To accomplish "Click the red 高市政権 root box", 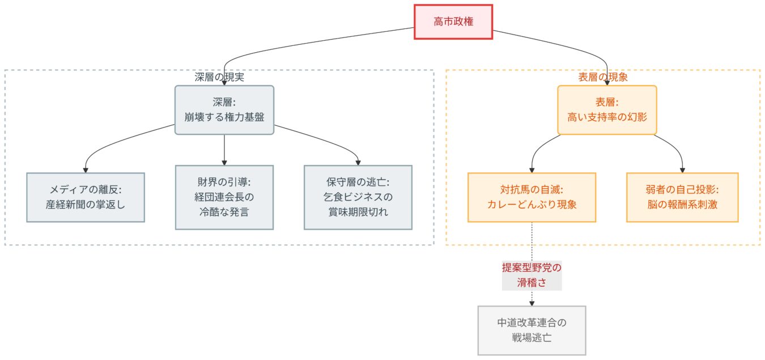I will coord(453,22).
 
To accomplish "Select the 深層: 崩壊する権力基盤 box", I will coord(224,110).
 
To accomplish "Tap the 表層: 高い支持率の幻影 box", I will coord(607,110).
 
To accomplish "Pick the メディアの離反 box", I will coord(86,197).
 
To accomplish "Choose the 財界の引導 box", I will coord(224,197).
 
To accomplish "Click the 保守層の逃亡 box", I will coord(358,197).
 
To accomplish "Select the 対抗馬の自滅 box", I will coord(532,197).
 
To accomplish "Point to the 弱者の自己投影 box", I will coord(682,197).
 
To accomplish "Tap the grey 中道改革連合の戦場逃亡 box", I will coord(532,331).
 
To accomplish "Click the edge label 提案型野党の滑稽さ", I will coord(532,275).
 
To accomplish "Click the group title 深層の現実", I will coord(219,77).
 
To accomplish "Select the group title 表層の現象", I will coord(603,77).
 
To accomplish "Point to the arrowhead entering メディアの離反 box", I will coord(86,170).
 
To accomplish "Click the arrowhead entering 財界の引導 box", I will coord(224,162).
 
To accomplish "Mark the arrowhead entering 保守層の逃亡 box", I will coord(358,162).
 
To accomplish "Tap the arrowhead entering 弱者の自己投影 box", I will coord(682,170).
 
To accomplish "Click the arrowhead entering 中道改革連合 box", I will coord(532,303).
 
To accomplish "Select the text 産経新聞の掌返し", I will coord(86,205).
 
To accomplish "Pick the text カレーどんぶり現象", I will coord(532,205).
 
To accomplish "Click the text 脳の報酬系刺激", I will coord(682,205).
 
